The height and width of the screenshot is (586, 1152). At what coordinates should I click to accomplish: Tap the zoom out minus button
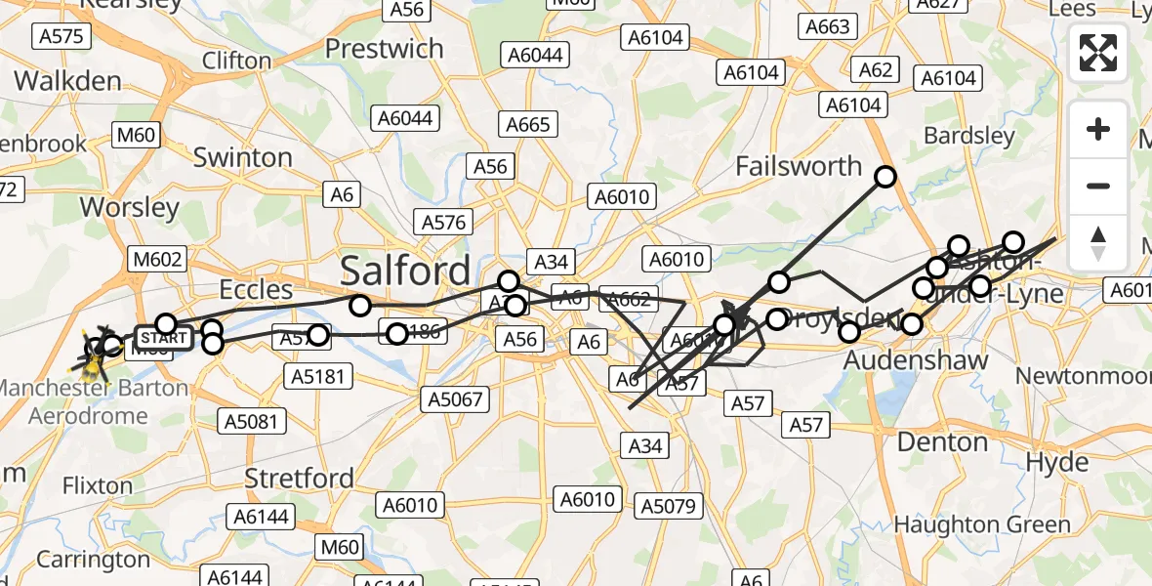pos(1098,186)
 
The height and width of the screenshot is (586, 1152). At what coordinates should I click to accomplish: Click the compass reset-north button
pos(1098,243)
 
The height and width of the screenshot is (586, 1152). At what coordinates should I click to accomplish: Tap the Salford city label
pos(404,270)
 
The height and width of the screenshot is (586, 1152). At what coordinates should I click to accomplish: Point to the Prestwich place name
pos(384,48)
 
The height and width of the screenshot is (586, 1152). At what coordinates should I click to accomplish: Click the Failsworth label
pos(799,166)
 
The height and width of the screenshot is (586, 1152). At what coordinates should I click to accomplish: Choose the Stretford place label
pos(299,479)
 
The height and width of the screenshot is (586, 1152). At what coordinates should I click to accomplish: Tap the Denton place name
pos(942,442)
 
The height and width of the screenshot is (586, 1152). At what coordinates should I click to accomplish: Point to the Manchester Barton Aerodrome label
pos(94,400)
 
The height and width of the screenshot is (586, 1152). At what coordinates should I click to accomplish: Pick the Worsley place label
pos(130,207)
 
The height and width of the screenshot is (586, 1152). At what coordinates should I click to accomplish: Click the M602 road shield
pos(156,259)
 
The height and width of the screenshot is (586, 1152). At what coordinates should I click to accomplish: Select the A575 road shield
pos(62,37)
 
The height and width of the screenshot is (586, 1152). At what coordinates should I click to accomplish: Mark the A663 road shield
pos(827,27)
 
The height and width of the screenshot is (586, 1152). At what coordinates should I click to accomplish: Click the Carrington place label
pos(93,560)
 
